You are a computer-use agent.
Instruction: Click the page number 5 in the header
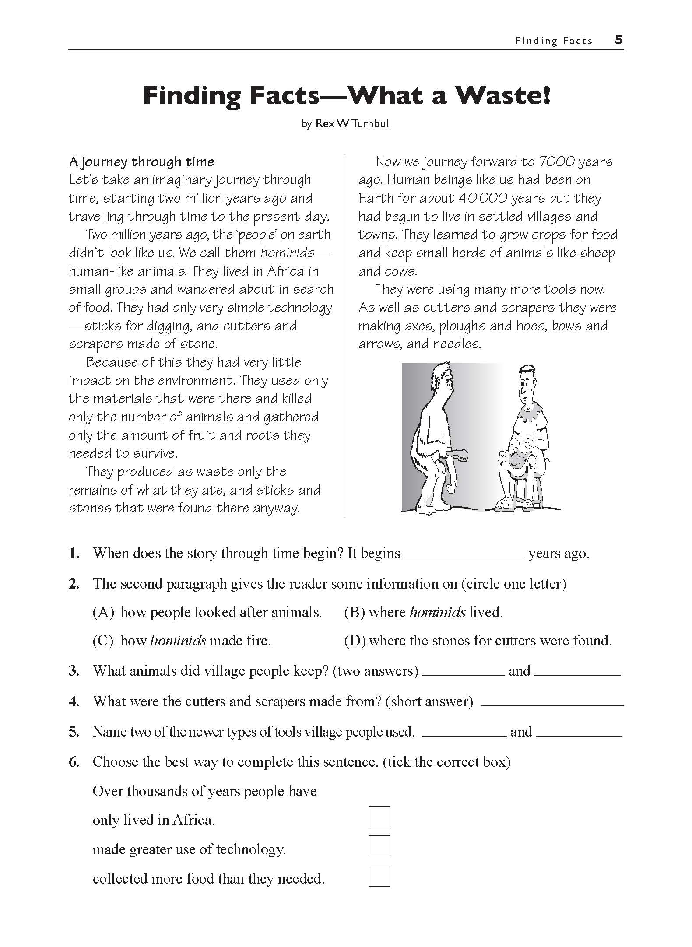[x=618, y=40]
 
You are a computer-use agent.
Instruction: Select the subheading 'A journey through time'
[x=142, y=162]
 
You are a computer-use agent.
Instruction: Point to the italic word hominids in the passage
[x=287, y=253]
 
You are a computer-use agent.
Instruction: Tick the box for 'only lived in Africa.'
[x=379, y=817]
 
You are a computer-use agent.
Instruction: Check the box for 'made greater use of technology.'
[x=379, y=846]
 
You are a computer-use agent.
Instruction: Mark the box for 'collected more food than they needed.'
[x=379, y=875]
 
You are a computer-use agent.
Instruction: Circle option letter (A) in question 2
[x=103, y=612]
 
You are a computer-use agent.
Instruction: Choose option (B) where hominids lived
[x=355, y=612]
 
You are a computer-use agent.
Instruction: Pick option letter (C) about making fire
[x=103, y=641]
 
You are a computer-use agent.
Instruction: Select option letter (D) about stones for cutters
[x=355, y=641]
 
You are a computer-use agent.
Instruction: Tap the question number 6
[x=74, y=762]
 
